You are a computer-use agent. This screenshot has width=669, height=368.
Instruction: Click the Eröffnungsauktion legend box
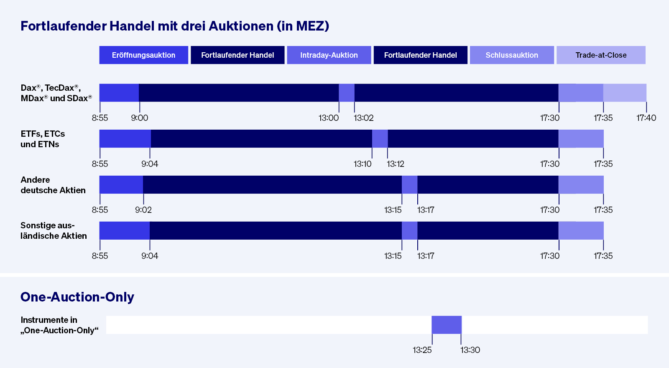click(143, 55)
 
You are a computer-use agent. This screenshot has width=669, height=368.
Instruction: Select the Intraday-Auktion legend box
click(329, 55)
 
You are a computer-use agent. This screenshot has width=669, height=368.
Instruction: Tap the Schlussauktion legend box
click(512, 55)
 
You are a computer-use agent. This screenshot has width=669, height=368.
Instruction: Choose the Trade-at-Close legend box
click(601, 55)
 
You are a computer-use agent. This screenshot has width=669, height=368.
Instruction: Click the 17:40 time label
click(646, 118)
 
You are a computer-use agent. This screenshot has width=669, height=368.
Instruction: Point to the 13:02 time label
click(363, 118)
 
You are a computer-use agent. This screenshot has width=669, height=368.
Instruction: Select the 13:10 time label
click(363, 164)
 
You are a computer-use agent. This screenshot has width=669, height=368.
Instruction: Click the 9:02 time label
click(143, 210)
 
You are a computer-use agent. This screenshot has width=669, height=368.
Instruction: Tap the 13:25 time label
click(422, 350)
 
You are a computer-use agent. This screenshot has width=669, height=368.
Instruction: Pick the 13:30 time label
click(470, 350)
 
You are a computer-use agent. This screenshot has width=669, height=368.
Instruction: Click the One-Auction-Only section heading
click(77, 297)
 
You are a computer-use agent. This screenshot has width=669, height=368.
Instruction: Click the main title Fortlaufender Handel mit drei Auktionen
click(175, 26)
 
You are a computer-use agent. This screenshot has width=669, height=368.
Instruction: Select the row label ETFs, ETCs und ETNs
click(43, 139)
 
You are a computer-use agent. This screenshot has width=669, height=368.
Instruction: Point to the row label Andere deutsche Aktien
click(53, 185)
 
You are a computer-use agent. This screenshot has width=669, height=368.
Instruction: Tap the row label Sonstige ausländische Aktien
click(54, 231)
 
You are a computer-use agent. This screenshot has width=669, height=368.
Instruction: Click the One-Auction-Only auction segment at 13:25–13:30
click(447, 325)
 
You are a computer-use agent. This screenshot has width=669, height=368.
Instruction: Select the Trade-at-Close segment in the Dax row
click(625, 93)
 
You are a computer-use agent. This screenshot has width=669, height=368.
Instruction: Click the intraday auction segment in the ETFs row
click(380, 139)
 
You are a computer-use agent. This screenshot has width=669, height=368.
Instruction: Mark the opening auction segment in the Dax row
click(119, 93)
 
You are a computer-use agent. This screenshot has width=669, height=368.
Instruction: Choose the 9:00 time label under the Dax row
click(139, 118)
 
